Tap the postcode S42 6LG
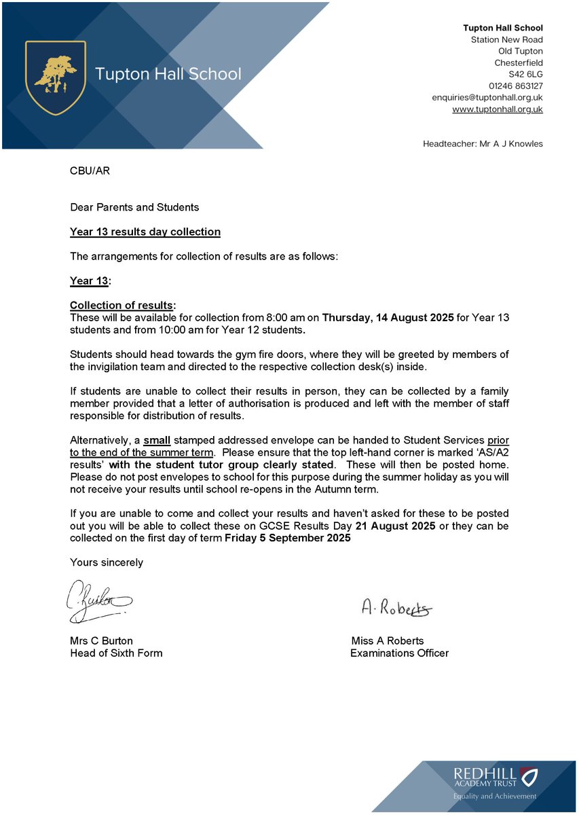526,74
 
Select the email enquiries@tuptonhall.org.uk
487,97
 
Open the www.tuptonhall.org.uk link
498,109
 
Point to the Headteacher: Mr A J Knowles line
483,143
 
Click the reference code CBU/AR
90,170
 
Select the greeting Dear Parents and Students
134,206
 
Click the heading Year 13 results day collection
145,232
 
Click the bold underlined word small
157,440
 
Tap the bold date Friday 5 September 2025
288,538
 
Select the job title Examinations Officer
399,653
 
